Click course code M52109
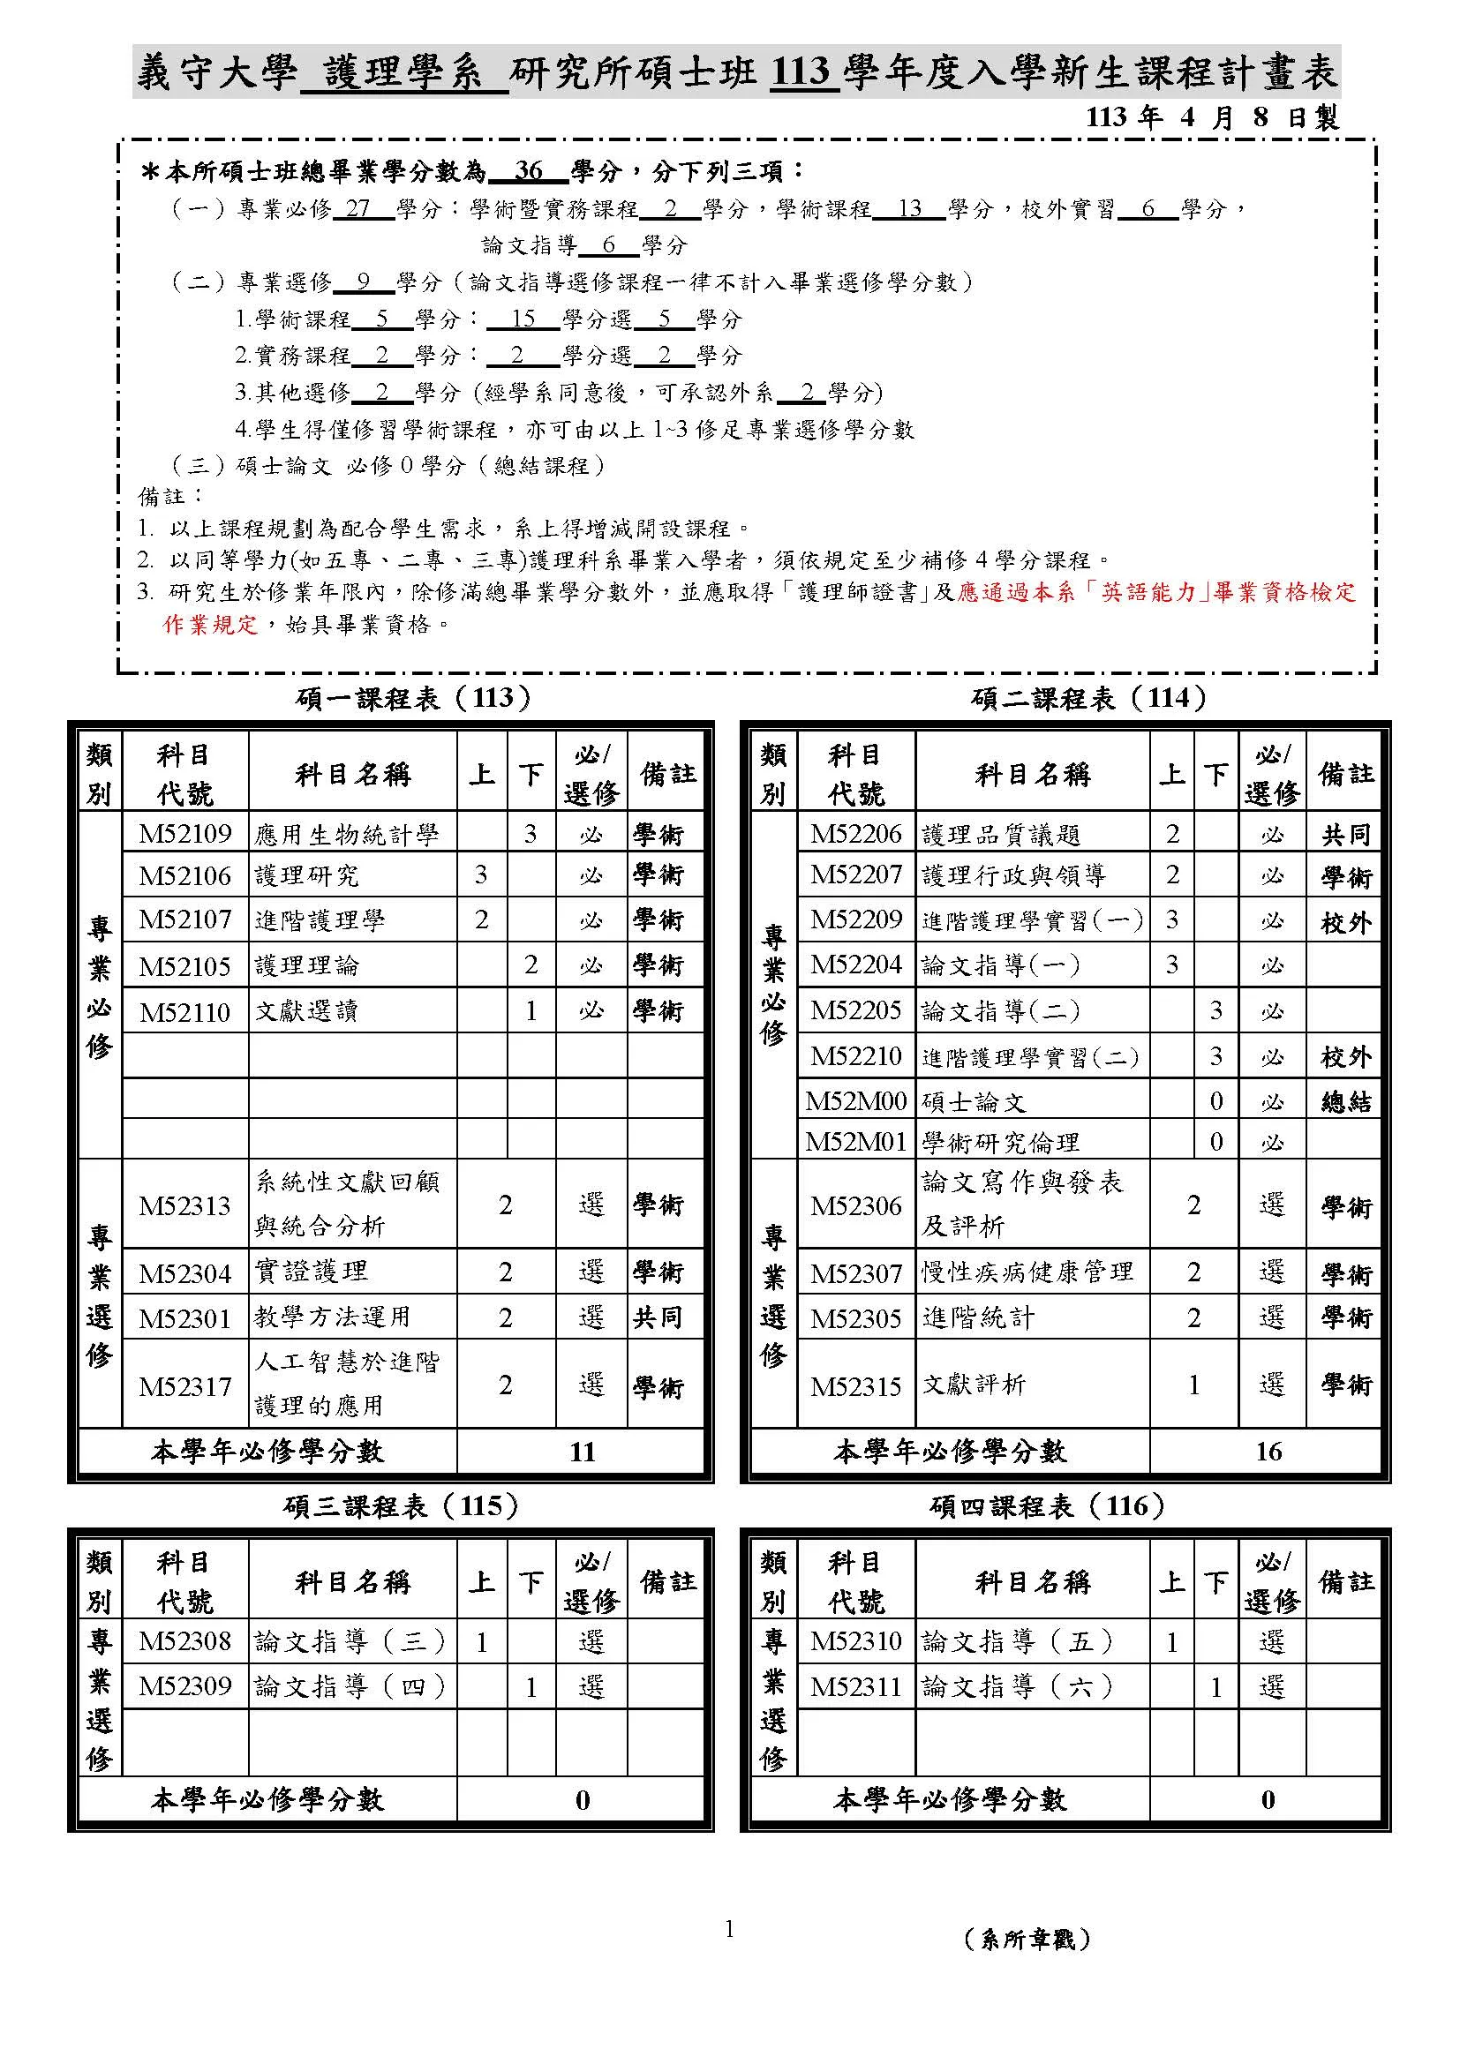pyautogui.click(x=184, y=833)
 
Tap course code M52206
pyautogui.click(x=855, y=833)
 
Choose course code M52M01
pyautogui.click(x=855, y=1142)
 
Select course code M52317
pyautogui.click(x=184, y=1386)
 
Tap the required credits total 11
pyautogui.click(x=582, y=1452)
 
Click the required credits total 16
pyautogui.click(x=1268, y=1452)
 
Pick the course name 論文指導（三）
pyautogui.click(x=350, y=1642)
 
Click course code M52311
pyautogui.click(x=855, y=1686)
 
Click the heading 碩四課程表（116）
pyautogui.click(x=1048, y=1505)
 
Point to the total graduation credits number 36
pyautogui.click(x=529, y=170)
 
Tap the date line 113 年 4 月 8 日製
pyautogui.click(x=1213, y=116)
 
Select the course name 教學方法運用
pyautogui.click(x=332, y=1317)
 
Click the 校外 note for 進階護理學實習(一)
pyautogui.click(x=1345, y=922)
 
